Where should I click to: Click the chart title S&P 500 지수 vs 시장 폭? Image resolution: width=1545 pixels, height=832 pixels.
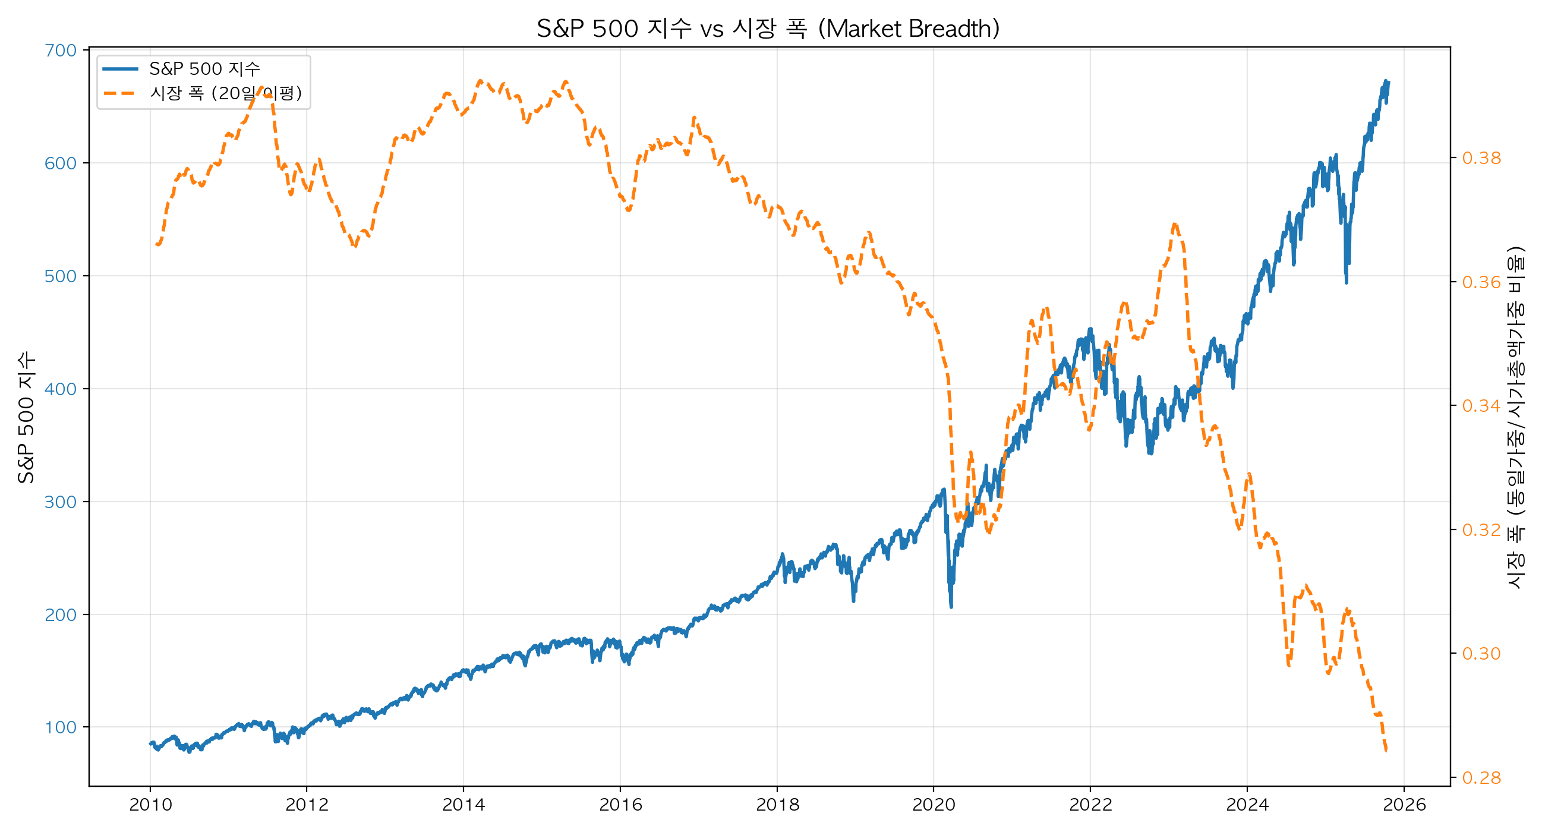pos(768,28)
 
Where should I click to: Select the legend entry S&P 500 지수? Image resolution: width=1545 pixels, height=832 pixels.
pos(204,69)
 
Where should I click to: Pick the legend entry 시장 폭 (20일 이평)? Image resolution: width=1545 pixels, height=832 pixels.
pos(225,93)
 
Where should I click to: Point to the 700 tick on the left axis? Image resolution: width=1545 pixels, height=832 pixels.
pos(61,51)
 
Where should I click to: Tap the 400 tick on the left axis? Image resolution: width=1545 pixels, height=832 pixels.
pos(61,389)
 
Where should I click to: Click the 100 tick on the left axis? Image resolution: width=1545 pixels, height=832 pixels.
pos(61,727)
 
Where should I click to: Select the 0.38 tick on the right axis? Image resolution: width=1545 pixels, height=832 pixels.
pos(1481,157)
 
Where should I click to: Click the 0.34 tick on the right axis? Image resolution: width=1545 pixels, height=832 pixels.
pos(1481,406)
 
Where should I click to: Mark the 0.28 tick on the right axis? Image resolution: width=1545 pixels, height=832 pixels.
pos(1481,778)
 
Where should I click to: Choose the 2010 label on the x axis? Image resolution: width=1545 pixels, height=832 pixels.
pos(150,805)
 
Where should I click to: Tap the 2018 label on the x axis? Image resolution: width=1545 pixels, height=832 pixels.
pos(777,805)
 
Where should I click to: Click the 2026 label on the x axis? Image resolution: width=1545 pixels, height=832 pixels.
pos(1404,805)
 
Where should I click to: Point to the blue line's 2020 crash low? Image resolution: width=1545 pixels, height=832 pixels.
pos(951,606)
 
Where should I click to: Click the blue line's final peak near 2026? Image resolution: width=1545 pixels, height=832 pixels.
pos(1386,81)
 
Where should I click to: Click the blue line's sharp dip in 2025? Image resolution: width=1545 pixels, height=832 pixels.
pos(1347,282)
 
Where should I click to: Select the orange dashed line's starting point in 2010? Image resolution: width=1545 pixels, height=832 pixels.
pos(157,244)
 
